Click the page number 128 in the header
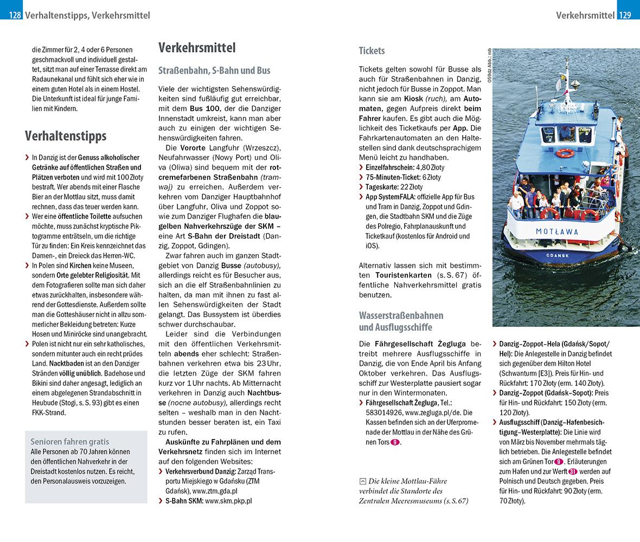click(15, 16)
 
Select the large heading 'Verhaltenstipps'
click(66, 135)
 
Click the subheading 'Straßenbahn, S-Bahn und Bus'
click(214, 70)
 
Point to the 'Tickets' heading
click(372, 51)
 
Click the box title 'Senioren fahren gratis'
click(69, 441)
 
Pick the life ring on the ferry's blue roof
click(565, 153)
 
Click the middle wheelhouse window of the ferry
click(566, 133)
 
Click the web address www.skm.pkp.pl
click(228, 501)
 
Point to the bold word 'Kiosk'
click(415, 99)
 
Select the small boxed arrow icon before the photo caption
click(362, 481)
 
